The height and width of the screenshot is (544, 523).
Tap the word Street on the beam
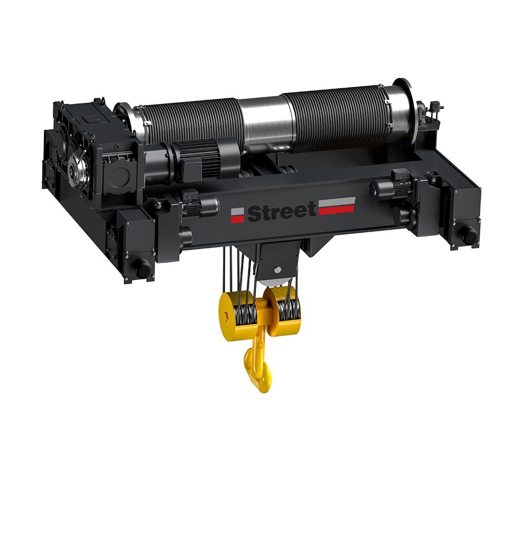[x=281, y=211]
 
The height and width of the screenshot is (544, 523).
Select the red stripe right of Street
[x=336, y=210]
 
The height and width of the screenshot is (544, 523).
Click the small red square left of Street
[x=237, y=219]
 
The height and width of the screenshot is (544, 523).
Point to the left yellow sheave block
[x=238, y=316]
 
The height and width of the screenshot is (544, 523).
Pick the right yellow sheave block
[x=282, y=311]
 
